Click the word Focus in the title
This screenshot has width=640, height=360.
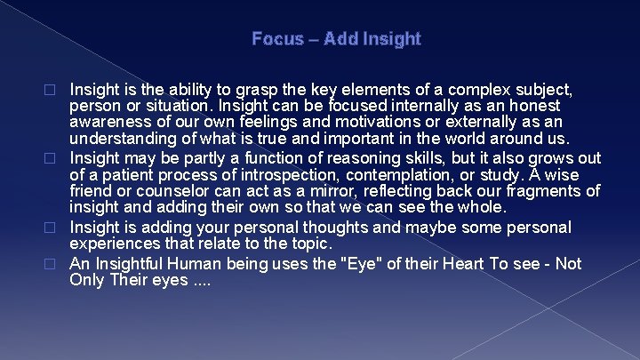(x=271, y=39)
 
